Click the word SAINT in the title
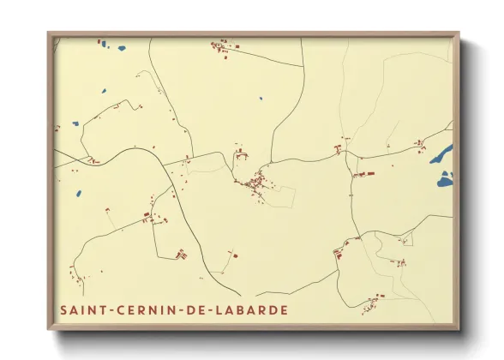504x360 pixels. [x=81, y=309]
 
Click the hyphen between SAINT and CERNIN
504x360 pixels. [x=108, y=309]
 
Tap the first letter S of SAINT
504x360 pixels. [x=62, y=309]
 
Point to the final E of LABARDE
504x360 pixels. [x=284, y=309]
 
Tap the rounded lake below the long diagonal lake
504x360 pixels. [x=444, y=181]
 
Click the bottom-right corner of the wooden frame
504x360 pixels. [x=459, y=328]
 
